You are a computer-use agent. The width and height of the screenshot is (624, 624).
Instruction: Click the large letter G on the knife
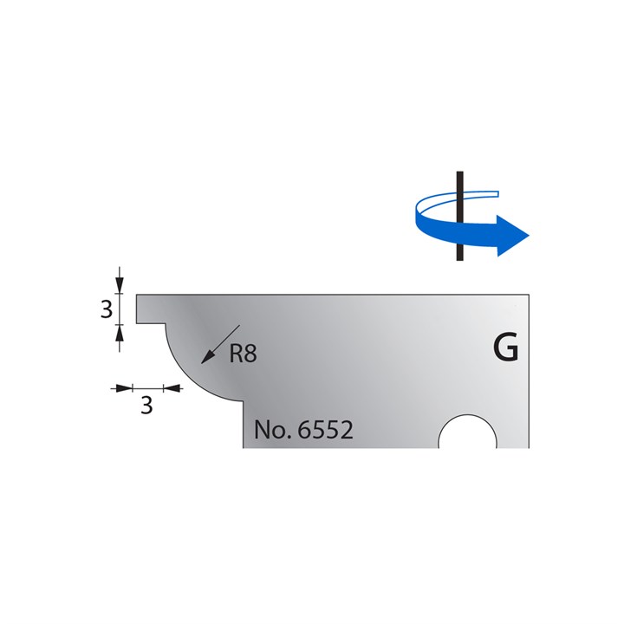[505, 348]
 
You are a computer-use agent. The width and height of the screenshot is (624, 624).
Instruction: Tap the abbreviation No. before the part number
[271, 430]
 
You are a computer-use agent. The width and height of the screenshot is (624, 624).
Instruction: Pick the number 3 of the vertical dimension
[107, 309]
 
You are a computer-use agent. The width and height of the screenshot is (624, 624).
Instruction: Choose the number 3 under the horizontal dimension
[146, 406]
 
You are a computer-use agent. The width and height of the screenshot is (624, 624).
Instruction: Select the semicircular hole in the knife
[468, 433]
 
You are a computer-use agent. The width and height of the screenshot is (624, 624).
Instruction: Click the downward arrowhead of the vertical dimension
[120, 287]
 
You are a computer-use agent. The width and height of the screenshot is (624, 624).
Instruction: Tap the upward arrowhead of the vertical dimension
[120, 331]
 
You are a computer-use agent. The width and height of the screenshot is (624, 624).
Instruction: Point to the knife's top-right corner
[528, 295]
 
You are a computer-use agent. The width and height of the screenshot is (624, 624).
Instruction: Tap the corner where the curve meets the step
[242, 402]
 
